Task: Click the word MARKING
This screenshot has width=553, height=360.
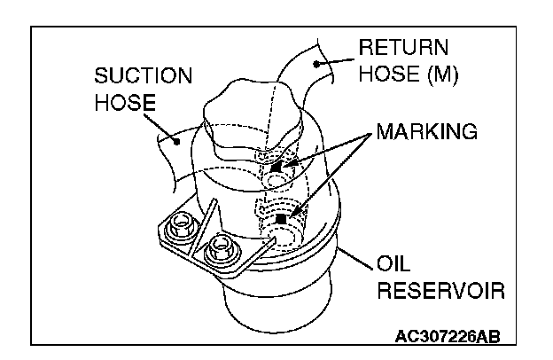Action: coord(427,133)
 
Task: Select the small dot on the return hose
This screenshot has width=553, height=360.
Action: coord(316,64)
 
